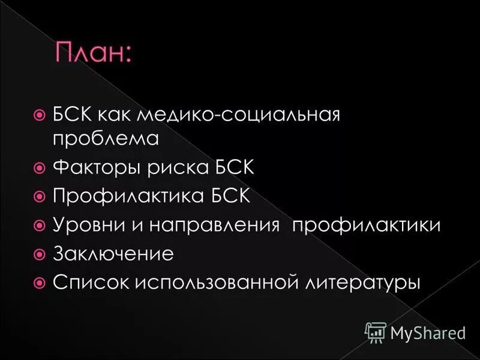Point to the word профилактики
(366, 225)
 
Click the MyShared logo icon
(375, 331)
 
